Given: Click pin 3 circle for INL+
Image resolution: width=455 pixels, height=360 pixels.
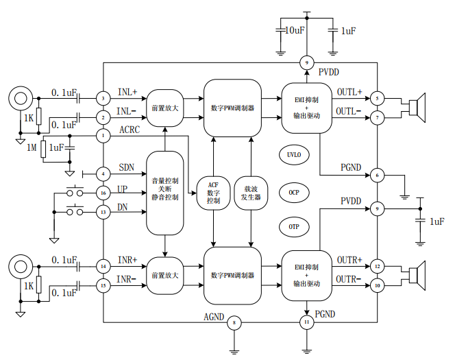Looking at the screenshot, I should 103,99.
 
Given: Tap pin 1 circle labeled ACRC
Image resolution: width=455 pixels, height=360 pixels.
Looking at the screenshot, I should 103,136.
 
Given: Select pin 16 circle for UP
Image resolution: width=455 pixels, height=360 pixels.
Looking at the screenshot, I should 103,193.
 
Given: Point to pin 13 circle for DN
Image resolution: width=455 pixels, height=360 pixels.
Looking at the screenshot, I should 103,213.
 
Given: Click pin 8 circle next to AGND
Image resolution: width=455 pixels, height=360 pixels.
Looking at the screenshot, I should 235,322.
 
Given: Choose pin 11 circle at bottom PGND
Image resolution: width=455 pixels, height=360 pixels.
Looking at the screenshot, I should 308,322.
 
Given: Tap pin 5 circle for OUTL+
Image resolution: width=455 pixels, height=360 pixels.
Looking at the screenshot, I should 377,99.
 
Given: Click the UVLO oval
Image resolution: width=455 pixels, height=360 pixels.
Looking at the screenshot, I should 293,154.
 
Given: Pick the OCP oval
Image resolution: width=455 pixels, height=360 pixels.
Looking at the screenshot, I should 293,193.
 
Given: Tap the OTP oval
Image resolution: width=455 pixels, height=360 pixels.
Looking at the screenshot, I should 293,226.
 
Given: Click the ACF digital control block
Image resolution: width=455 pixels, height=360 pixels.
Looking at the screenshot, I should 213,192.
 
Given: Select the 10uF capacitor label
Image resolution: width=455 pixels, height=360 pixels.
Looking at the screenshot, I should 295,31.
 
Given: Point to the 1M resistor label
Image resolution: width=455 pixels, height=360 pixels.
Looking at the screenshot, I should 32,147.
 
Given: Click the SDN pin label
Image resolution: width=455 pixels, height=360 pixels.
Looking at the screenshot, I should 127,167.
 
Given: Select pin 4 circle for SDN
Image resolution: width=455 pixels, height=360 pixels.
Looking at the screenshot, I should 103,173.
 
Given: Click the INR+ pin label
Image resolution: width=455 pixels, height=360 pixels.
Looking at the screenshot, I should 127,260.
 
